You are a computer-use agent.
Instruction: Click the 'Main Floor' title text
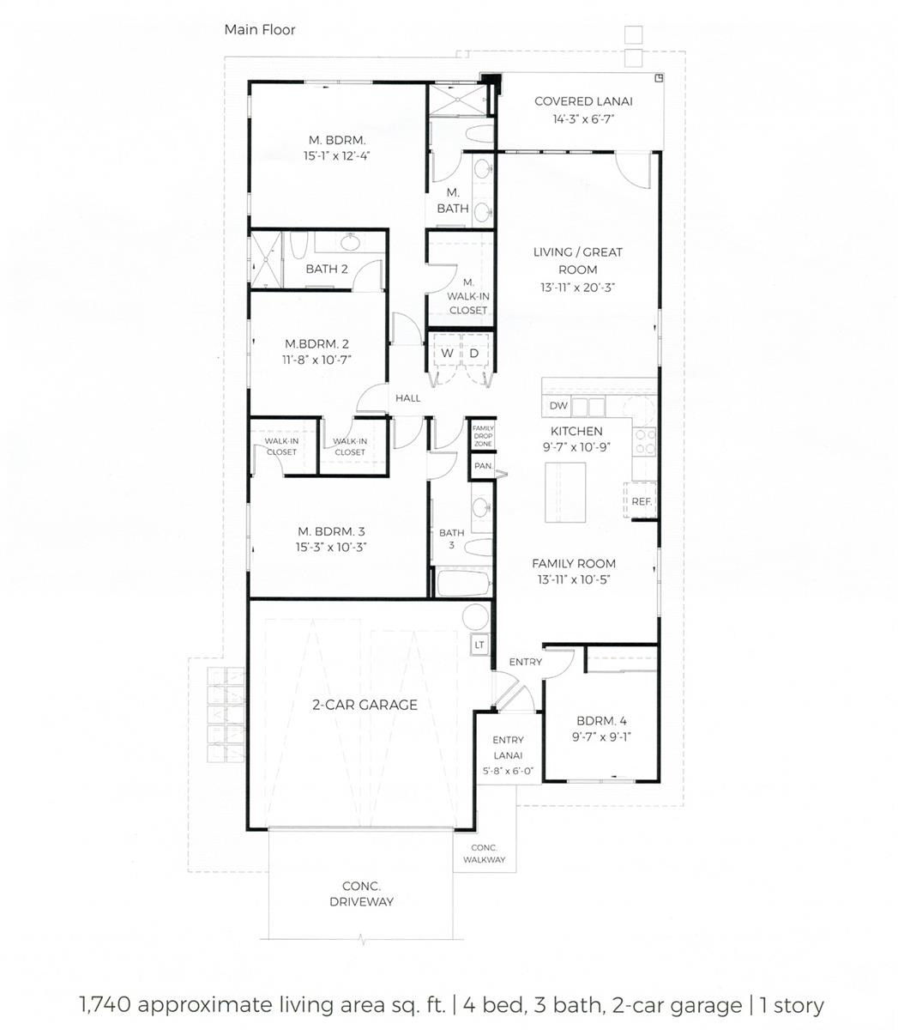click(x=260, y=30)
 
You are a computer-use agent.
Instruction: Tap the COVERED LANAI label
click(x=583, y=101)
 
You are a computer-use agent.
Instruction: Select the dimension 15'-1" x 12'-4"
click(x=336, y=155)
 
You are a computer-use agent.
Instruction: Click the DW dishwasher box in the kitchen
click(x=557, y=406)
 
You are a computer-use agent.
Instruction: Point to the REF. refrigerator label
click(x=642, y=501)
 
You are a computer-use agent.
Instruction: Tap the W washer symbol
click(x=447, y=354)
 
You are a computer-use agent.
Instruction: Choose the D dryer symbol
click(x=474, y=354)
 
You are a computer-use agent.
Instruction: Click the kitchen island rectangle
click(x=565, y=493)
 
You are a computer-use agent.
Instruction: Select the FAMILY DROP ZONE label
click(x=483, y=436)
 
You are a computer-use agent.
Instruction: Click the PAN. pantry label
click(x=484, y=466)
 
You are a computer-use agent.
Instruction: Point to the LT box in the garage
click(x=479, y=645)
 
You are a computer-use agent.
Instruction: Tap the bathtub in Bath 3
click(x=464, y=583)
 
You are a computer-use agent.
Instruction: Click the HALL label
click(x=408, y=398)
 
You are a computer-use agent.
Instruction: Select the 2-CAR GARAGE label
click(x=365, y=705)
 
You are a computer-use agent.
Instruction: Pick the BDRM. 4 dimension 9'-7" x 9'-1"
click(x=602, y=737)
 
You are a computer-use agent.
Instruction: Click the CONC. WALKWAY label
click(x=484, y=854)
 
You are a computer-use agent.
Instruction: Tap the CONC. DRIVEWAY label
click(x=361, y=894)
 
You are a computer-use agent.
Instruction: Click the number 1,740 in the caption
click(x=105, y=1004)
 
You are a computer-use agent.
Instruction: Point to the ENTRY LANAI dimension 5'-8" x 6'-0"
click(x=508, y=771)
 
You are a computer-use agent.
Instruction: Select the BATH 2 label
click(x=327, y=269)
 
